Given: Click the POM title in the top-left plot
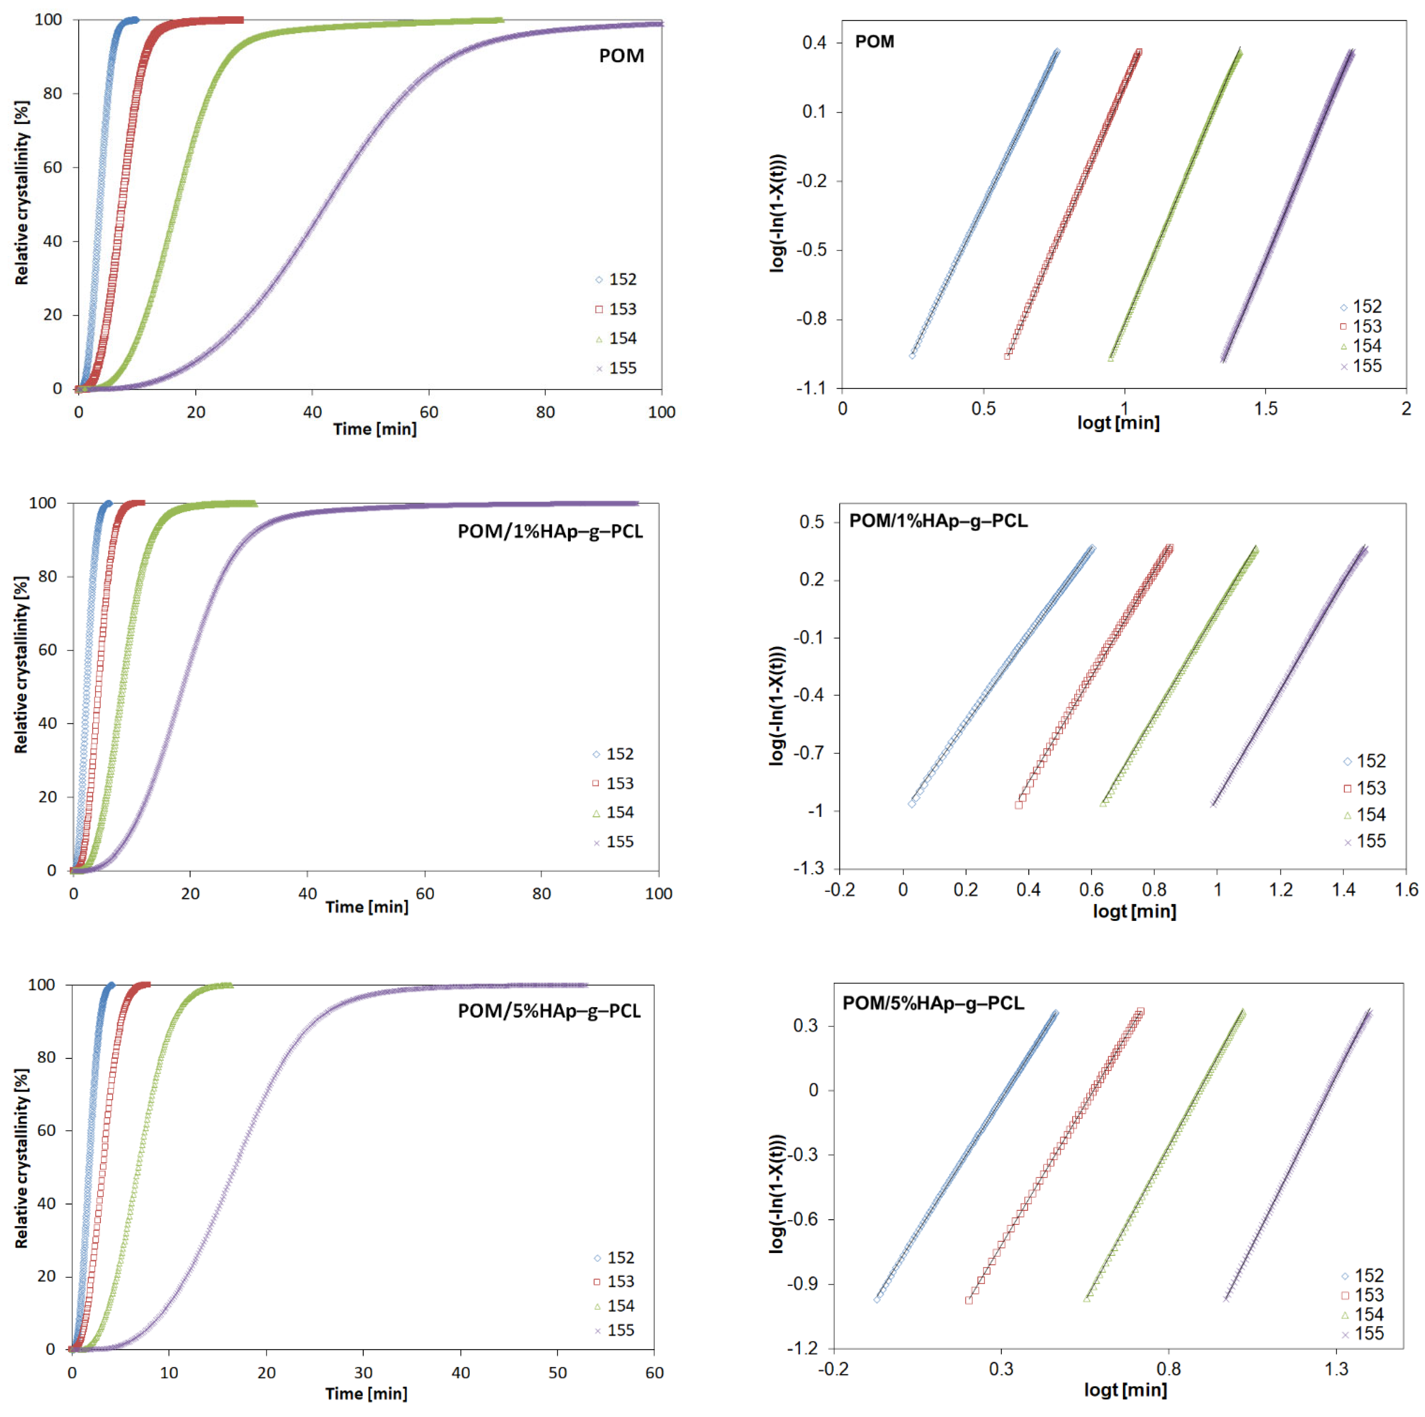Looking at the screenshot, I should pos(621,56).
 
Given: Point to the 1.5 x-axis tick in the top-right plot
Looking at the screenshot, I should pos(1266,408).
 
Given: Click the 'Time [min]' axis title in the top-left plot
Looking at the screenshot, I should pos(375,429).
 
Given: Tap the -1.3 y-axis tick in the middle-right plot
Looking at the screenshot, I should pos(809,868).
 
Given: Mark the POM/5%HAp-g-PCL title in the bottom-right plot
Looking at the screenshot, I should pos(933,1003).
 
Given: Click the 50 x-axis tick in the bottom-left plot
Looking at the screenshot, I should pos(558,1373).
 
